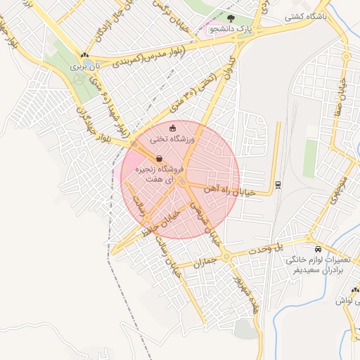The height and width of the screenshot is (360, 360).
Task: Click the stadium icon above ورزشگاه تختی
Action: point(174,128)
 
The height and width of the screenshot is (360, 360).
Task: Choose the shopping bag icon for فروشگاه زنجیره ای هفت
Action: point(160,158)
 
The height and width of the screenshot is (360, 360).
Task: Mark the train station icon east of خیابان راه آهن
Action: point(278,185)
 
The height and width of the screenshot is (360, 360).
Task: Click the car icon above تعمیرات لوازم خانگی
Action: point(319,249)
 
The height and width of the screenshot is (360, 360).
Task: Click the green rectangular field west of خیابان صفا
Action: point(310,158)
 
